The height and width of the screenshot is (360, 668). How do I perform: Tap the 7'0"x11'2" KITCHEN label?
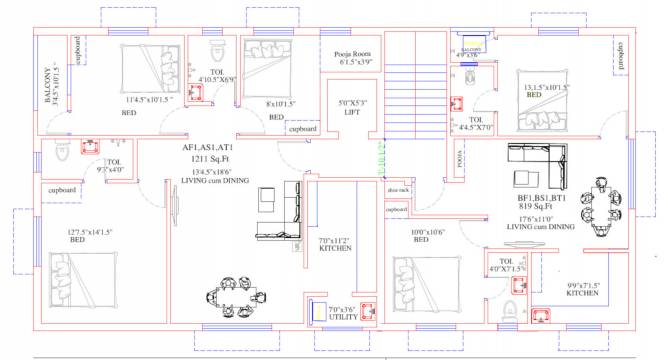[335, 244]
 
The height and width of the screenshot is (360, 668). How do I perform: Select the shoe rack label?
[398, 189]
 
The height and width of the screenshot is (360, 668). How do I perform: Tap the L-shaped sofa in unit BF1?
[539, 168]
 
